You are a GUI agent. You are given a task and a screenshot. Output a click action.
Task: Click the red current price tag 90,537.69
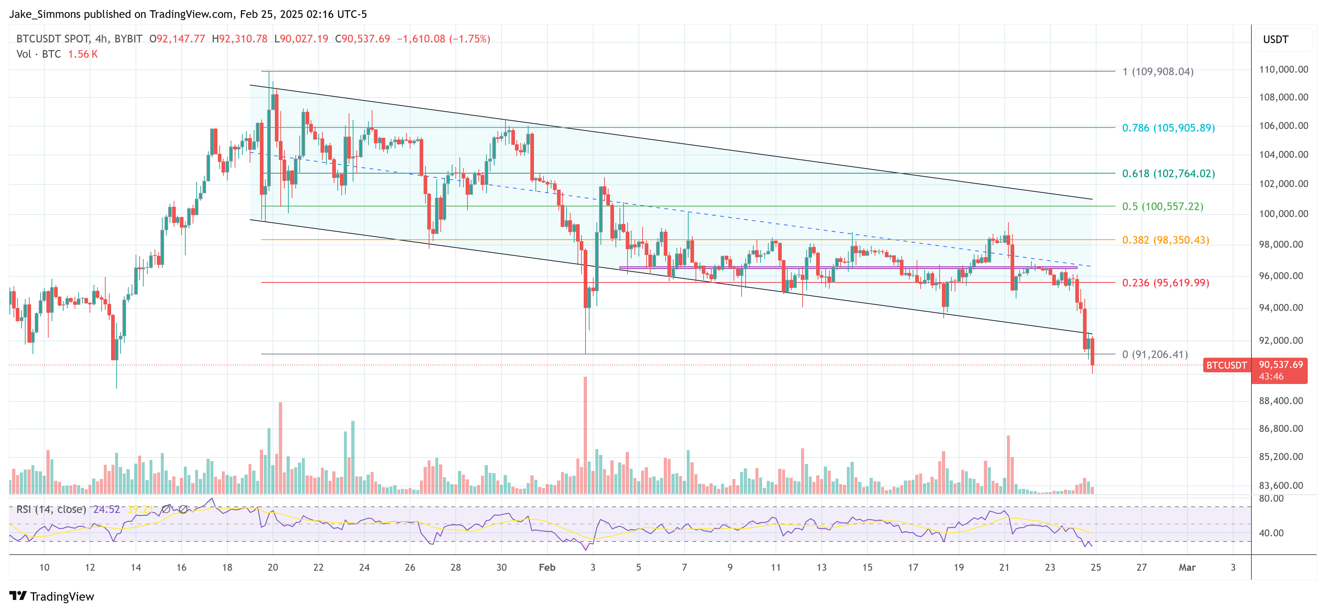click(x=1280, y=364)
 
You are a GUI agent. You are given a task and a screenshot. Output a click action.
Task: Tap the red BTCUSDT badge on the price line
click(x=1226, y=365)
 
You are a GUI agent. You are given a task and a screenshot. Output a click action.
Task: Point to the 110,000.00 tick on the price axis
click(x=1283, y=69)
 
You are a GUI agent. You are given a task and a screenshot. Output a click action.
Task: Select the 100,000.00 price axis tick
click(x=1283, y=214)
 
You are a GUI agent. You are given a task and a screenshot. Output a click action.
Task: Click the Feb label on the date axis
click(x=547, y=567)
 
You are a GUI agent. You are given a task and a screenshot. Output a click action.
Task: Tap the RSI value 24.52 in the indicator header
click(x=106, y=510)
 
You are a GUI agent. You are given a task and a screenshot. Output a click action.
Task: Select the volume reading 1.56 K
click(x=83, y=54)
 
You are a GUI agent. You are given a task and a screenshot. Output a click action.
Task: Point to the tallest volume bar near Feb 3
click(x=585, y=435)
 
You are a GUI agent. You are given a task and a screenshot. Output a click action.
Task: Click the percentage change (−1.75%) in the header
click(x=470, y=39)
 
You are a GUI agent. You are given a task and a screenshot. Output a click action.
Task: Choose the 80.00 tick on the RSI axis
click(x=1271, y=498)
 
